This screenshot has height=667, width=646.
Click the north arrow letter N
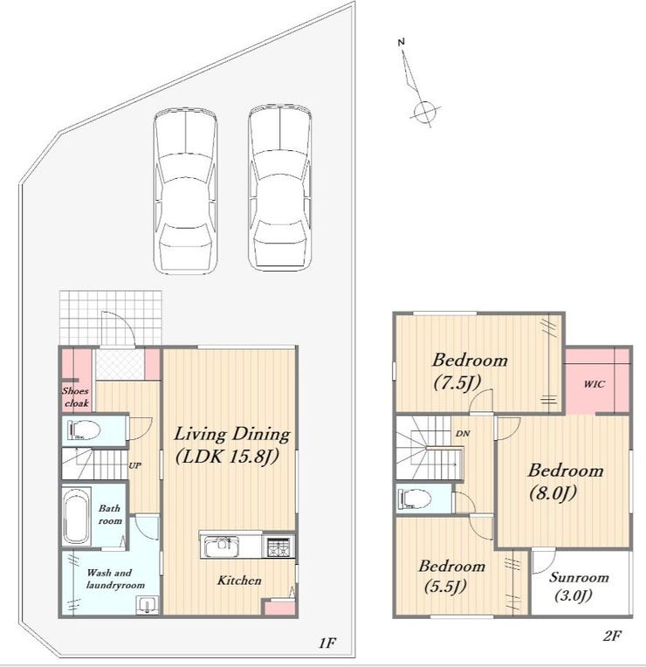click(x=401, y=42)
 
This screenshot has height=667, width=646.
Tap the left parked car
click(x=185, y=190)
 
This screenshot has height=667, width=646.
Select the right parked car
click(x=280, y=188)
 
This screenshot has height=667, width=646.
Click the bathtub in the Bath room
click(x=77, y=516)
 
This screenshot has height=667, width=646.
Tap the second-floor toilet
click(x=414, y=499)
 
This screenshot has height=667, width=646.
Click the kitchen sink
click(x=221, y=547)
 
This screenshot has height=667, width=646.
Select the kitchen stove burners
click(x=278, y=547)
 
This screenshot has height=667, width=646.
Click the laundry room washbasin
click(x=148, y=605)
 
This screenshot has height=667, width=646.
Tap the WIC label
click(x=594, y=384)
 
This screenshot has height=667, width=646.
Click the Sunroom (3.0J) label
click(x=579, y=586)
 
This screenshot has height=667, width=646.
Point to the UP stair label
click(x=134, y=465)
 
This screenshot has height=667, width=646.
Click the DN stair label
click(x=463, y=434)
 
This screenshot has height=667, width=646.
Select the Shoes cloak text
click(x=76, y=397)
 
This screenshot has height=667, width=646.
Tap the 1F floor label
click(x=327, y=643)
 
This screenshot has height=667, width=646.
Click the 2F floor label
click(x=613, y=636)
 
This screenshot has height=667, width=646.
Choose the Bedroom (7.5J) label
click(x=470, y=371)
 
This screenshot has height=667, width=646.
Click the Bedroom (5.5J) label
click(x=451, y=576)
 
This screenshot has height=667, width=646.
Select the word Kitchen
click(x=239, y=581)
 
